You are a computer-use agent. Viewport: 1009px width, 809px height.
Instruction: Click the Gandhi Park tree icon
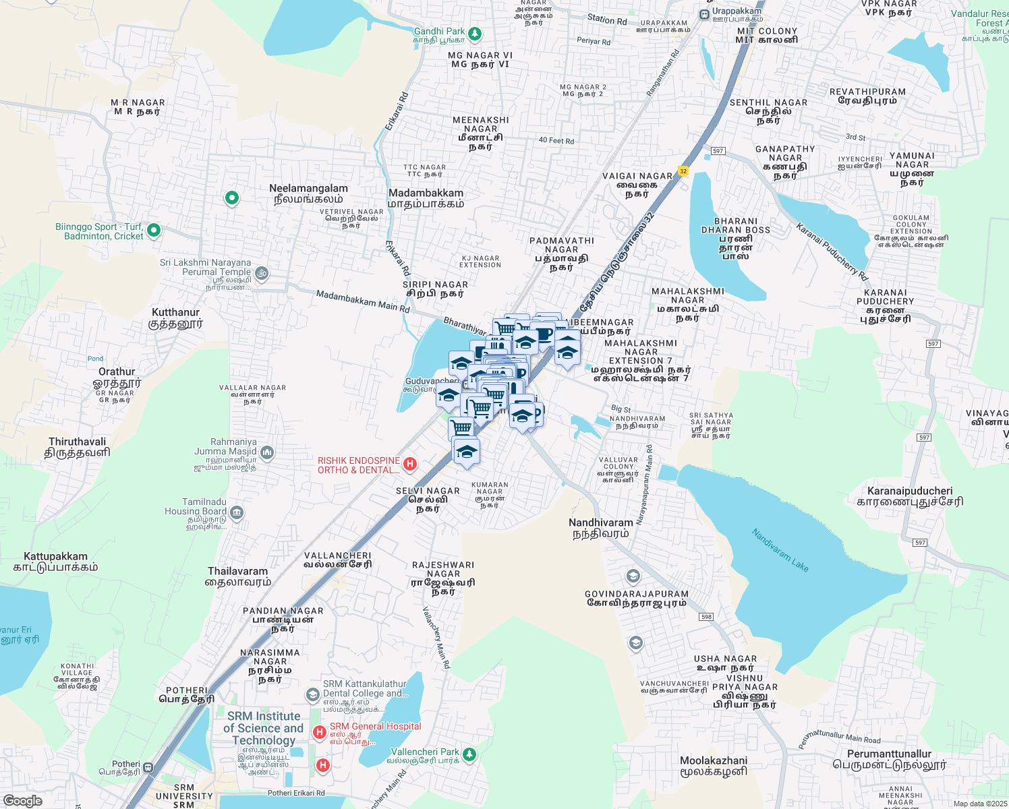(475, 32)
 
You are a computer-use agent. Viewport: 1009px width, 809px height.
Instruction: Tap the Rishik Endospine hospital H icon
(409, 464)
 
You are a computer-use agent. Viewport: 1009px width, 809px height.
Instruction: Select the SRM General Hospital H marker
(320, 731)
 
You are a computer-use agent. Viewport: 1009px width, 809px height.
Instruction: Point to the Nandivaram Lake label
(780, 550)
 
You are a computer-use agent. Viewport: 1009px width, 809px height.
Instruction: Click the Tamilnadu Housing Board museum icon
(236, 513)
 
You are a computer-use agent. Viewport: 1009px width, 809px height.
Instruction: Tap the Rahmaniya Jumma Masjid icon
(267, 452)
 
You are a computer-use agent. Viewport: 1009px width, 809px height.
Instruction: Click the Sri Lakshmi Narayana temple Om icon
(262, 273)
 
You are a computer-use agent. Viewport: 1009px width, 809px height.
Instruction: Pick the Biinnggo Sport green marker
(154, 231)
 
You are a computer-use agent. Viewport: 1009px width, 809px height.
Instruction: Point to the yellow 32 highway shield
(683, 171)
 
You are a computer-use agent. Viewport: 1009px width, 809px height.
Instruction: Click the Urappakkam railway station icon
(704, 14)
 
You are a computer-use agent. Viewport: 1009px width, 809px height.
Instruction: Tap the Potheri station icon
(148, 767)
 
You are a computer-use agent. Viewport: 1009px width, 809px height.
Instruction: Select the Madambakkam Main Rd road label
(362, 301)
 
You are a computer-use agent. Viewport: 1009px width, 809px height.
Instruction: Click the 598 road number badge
(706, 617)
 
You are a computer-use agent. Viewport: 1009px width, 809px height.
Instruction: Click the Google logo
(22, 800)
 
